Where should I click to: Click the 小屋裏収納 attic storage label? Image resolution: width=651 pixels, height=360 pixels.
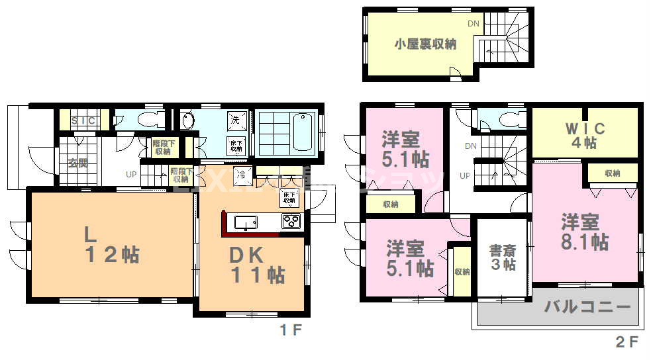click(426, 44)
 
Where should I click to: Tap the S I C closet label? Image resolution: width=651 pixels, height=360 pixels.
click(83, 120)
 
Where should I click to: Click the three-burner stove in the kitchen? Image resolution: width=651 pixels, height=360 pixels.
click(291, 221)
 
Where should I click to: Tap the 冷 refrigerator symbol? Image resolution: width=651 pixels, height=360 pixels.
click(242, 177)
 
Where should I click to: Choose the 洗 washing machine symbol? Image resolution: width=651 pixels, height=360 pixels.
click(234, 120)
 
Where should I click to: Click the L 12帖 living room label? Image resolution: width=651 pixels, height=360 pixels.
click(111, 245)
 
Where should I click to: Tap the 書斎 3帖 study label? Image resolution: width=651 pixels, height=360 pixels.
click(503, 257)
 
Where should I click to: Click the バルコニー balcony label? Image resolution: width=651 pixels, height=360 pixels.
click(587, 308)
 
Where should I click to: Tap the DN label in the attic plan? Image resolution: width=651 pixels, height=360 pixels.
click(474, 24)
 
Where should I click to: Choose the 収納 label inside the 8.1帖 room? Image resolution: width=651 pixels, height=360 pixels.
click(613, 173)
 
